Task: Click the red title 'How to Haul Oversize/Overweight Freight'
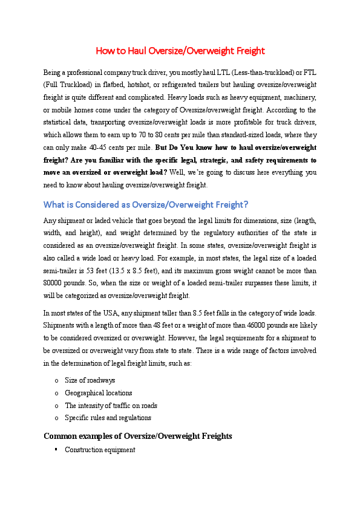(x=180, y=51)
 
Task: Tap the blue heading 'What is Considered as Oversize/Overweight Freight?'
(x=146, y=204)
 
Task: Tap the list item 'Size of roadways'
(x=90, y=380)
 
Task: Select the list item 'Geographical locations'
(x=98, y=393)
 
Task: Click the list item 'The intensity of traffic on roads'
(x=111, y=406)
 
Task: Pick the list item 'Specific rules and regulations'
(x=108, y=418)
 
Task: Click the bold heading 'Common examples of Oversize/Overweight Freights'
(x=138, y=436)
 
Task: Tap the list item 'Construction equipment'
(x=100, y=450)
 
